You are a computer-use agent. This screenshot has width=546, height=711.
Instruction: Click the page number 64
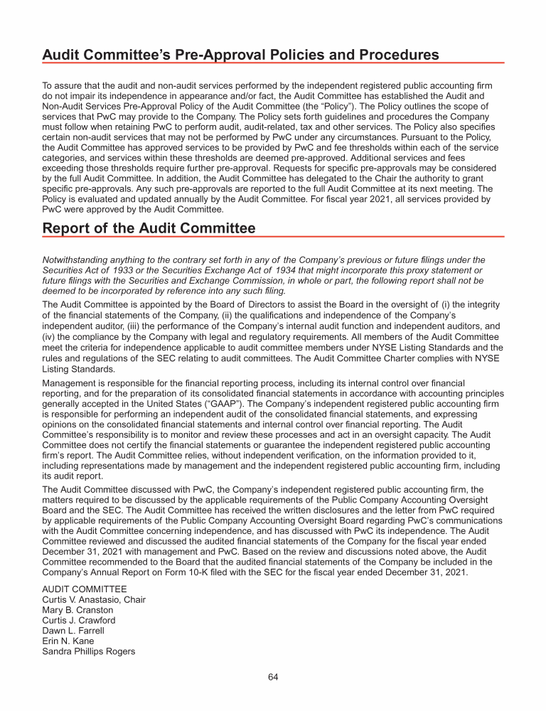(x=273, y=677)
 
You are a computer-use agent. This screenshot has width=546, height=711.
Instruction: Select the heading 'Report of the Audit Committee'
(x=149, y=228)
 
